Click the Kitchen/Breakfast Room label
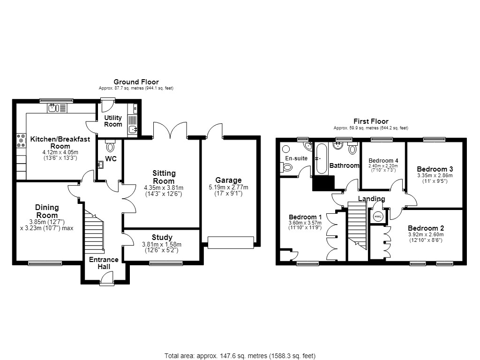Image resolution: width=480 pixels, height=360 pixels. [60, 142]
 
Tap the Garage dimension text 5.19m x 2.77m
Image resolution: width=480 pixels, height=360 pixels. [228, 187]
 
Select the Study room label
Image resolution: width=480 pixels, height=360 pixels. [162, 237]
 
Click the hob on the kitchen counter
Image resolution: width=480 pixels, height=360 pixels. [21, 141]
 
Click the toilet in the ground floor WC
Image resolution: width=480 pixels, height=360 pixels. [110, 146]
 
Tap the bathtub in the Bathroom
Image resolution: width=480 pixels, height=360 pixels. [322, 158]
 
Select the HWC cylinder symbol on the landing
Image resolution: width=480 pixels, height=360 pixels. [378, 217]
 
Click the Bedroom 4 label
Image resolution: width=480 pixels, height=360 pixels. [383, 160]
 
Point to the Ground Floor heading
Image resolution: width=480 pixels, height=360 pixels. [136, 82]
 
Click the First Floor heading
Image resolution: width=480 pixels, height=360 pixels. [371, 121]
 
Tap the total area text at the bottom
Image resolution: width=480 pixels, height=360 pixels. [240, 356]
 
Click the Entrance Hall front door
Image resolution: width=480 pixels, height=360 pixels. [107, 280]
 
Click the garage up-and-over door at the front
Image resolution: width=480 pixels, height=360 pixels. [231, 242]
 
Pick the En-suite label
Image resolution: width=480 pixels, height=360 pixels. [296, 158]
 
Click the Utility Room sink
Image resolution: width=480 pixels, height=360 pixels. [133, 129]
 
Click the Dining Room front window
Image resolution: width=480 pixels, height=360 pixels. [45, 263]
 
